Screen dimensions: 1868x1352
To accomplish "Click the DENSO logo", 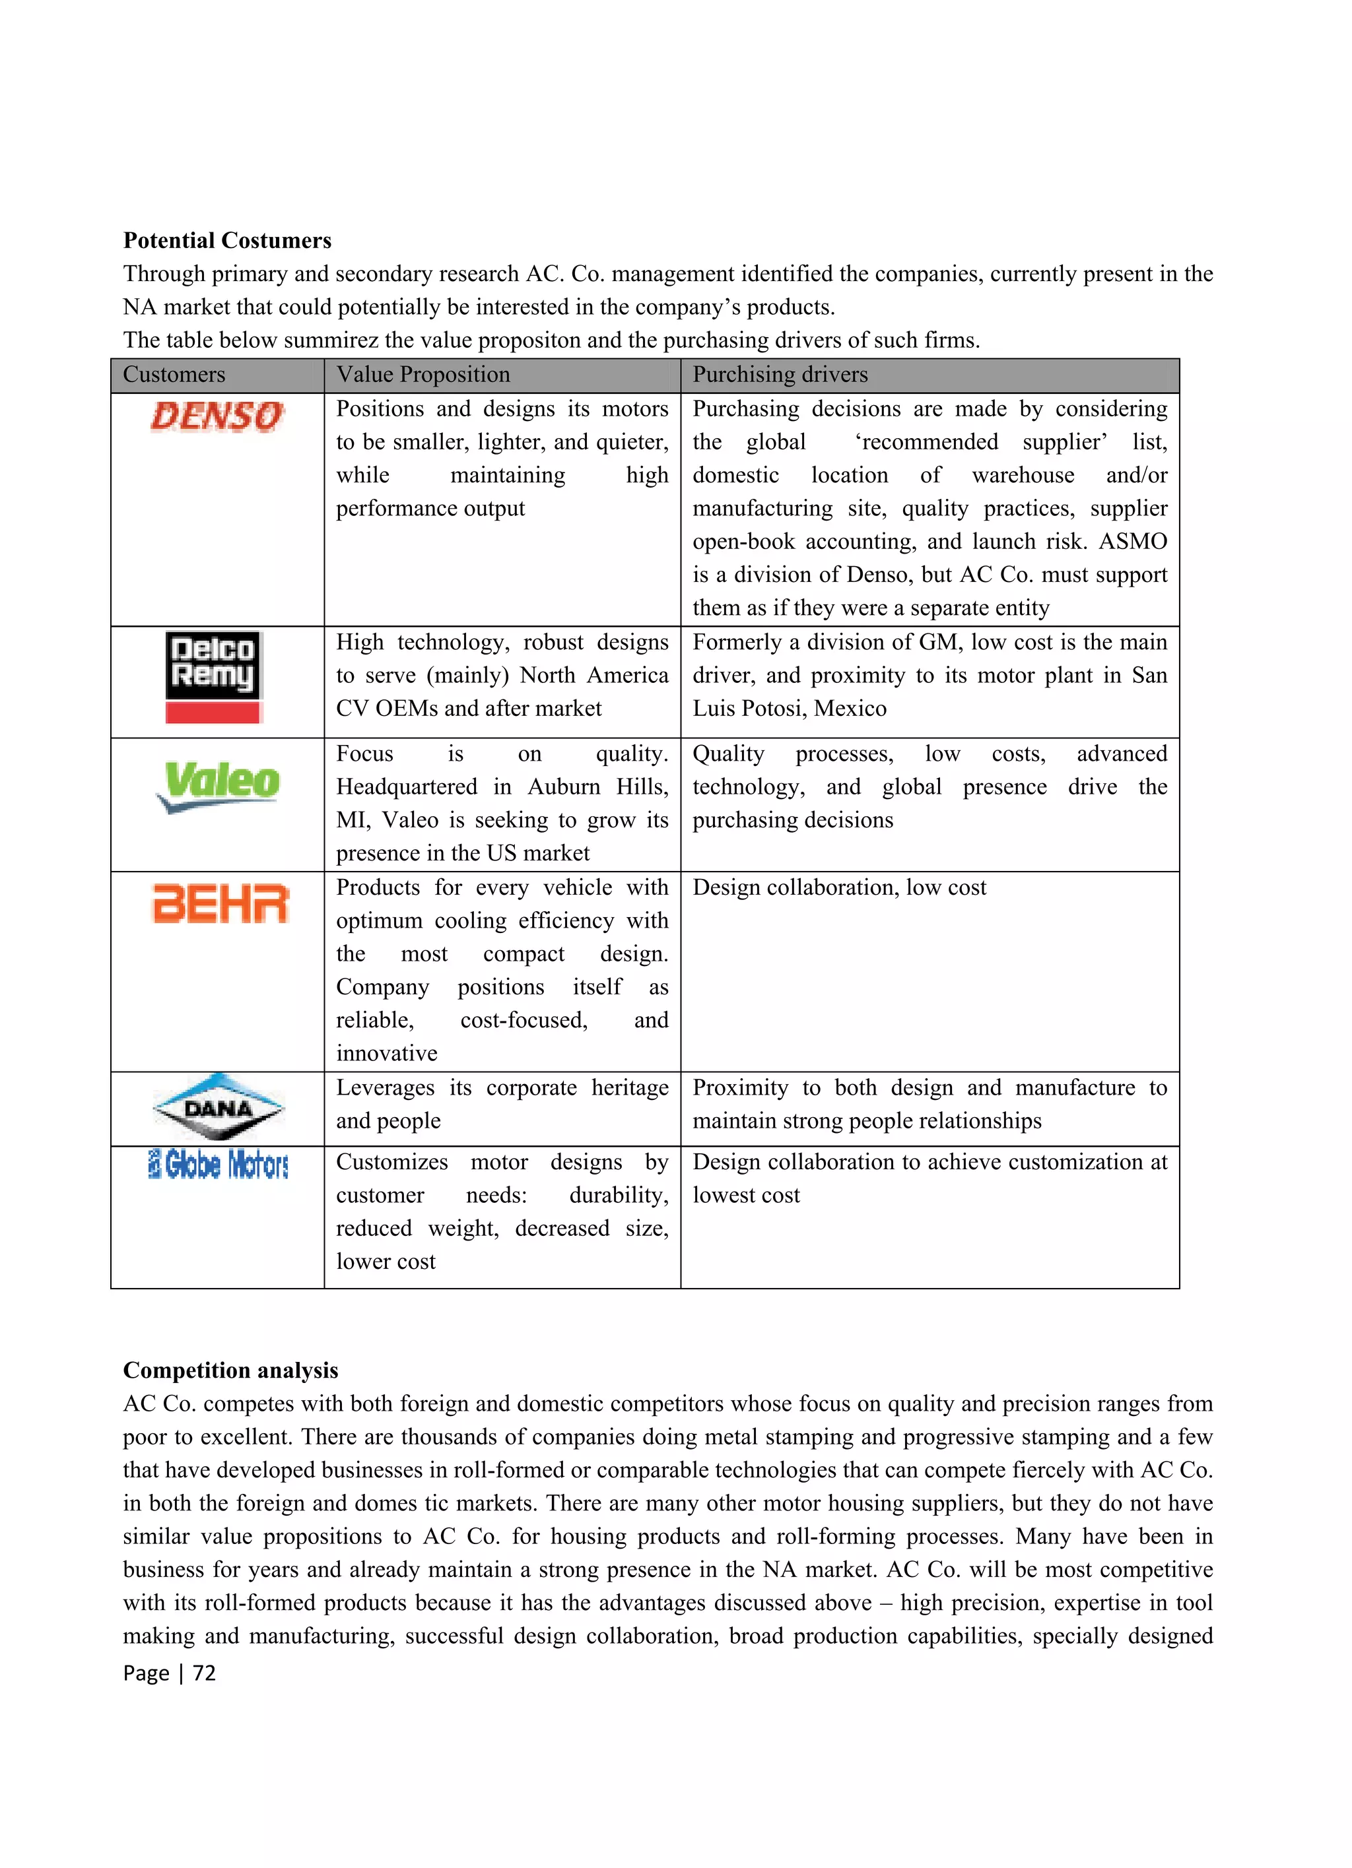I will tap(217, 417).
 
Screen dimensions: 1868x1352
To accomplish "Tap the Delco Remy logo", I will tap(213, 677).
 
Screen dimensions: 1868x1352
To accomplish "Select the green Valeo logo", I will tap(219, 785).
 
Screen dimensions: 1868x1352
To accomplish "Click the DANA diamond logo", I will tap(219, 1108).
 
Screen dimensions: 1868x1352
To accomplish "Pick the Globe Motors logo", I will tap(219, 1165).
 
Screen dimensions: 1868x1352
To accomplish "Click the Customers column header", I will tap(174, 375).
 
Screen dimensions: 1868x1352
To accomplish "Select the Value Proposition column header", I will tap(422, 375).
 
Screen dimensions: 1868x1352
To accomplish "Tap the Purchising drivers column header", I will tap(780, 375).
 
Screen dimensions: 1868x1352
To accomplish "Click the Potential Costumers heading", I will tap(227, 240).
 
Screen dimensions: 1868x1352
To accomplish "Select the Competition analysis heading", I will tap(230, 1370).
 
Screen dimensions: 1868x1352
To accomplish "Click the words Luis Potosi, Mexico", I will tap(790, 708).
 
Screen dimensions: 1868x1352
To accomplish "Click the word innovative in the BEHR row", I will tap(386, 1053).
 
